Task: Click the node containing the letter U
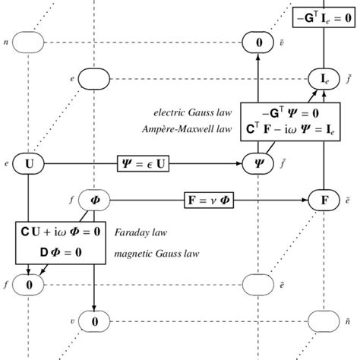28,163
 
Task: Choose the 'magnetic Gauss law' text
156,251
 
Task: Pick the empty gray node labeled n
28,43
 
